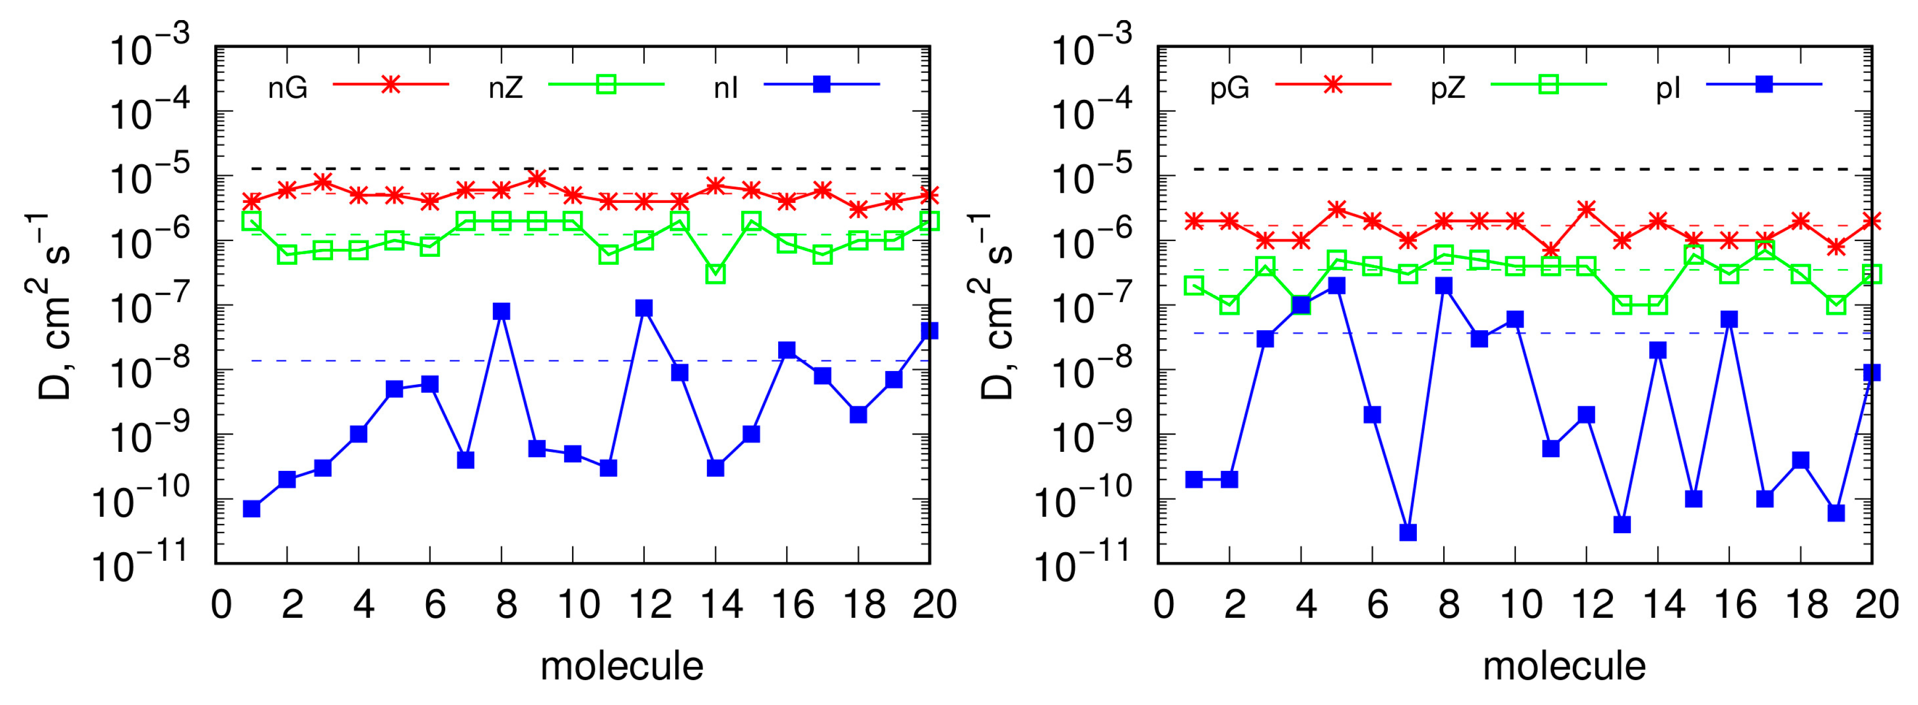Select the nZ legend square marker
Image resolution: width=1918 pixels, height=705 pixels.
tap(606, 84)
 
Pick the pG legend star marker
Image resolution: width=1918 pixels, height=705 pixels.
tap(1333, 84)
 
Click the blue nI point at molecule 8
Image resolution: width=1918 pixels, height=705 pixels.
tap(501, 311)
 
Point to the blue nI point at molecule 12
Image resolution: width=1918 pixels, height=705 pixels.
tap(644, 308)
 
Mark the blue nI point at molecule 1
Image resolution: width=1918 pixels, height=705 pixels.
tap(252, 508)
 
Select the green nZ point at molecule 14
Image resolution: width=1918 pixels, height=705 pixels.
tap(715, 274)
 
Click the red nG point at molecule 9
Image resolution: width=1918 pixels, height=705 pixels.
tap(537, 179)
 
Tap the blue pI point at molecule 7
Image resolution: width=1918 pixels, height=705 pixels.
tap(1408, 532)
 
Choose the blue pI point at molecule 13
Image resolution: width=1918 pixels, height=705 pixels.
tap(1622, 525)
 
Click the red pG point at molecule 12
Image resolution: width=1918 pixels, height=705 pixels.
tap(1587, 209)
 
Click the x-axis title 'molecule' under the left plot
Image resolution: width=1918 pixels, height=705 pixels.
tap(622, 666)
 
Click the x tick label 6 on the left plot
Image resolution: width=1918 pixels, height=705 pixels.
tap(435, 605)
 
